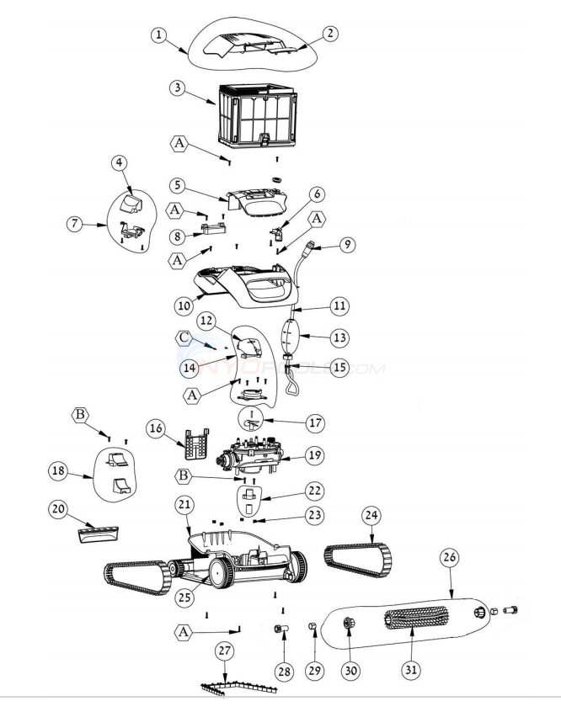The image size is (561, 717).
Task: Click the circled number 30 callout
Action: tap(350, 672)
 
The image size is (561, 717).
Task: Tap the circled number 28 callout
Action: tap(284, 672)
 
